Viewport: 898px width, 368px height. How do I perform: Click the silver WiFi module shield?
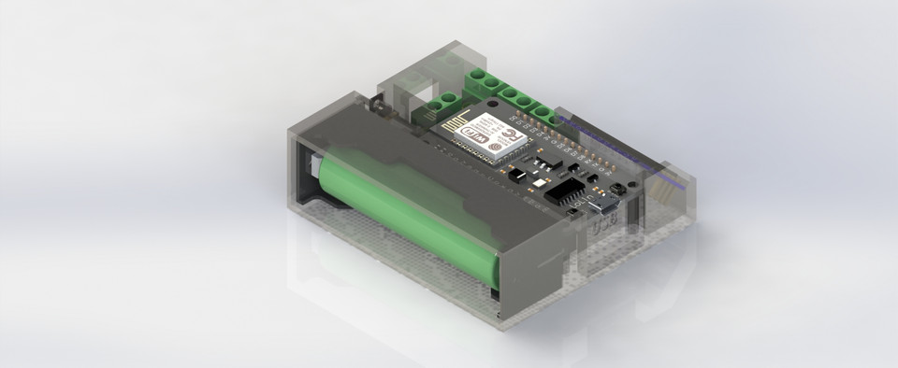pyautogui.click(x=491, y=135)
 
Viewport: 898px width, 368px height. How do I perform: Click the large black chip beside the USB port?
pyautogui.click(x=567, y=191)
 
